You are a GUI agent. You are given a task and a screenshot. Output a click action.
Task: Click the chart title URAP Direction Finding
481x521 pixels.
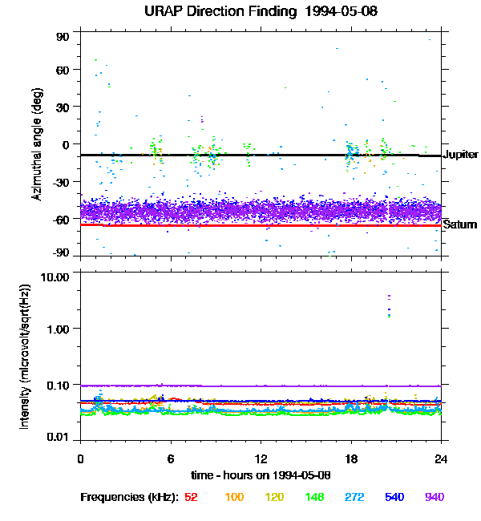pyautogui.click(x=220, y=12)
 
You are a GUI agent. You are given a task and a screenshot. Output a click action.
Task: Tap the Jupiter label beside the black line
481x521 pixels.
pyautogui.click(x=461, y=154)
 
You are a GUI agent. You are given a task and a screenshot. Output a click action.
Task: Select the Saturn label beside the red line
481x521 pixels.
pyautogui.click(x=460, y=224)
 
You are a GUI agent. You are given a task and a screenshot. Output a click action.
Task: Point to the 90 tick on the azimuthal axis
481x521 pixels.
pyautogui.click(x=63, y=37)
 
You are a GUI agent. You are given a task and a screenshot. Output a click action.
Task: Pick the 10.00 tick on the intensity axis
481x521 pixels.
pyautogui.click(x=55, y=277)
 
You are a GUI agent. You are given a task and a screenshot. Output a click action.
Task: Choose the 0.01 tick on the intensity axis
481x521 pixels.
pyautogui.click(x=58, y=437)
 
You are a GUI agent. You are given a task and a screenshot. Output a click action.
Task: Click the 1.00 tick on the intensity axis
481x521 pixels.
pyautogui.click(x=58, y=329)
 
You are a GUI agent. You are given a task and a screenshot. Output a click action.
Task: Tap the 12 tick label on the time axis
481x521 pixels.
pyautogui.click(x=261, y=458)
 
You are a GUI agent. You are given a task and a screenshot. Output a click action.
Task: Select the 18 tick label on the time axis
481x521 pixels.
pyautogui.click(x=351, y=458)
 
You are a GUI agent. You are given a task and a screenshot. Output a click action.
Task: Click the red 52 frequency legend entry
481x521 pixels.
pyautogui.click(x=191, y=497)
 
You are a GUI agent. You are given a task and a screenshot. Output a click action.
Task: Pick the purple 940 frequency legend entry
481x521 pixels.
pyautogui.click(x=435, y=497)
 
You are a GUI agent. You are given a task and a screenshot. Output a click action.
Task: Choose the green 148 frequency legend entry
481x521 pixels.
pyautogui.click(x=314, y=497)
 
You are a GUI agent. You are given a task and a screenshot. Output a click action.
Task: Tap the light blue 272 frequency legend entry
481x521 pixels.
pyautogui.click(x=354, y=497)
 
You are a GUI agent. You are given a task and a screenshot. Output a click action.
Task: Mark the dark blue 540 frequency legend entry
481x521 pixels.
pyautogui.click(x=394, y=497)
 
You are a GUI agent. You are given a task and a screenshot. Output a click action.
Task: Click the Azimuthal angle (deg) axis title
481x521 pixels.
pyautogui.click(x=37, y=144)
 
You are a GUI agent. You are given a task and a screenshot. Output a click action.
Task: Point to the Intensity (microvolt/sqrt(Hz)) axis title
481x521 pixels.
pyautogui.click(x=25, y=357)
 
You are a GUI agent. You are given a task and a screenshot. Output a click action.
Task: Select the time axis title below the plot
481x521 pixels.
pyautogui.click(x=261, y=475)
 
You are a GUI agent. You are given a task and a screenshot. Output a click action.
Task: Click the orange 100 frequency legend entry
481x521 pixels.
pyautogui.click(x=234, y=497)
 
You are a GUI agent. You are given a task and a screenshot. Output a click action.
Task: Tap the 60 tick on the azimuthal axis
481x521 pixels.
pyautogui.click(x=63, y=70)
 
